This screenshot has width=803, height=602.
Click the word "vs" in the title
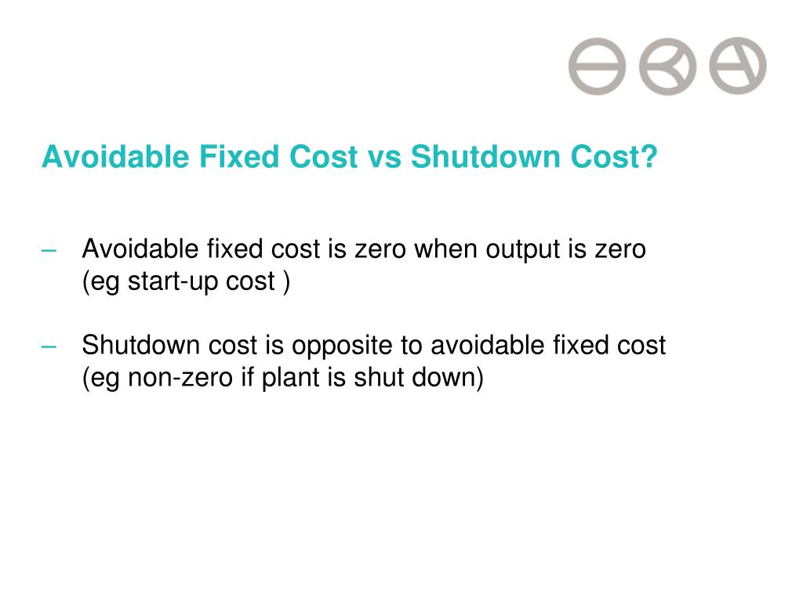coord(383,158)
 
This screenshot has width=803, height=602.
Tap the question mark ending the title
coord(649,158)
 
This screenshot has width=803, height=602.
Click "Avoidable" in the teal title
coord(115,158)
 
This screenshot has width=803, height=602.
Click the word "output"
coord(518,250)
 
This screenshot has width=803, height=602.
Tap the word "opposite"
coord(372,345)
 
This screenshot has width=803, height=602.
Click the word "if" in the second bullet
coord(249,377)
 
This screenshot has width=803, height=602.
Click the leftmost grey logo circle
coord(598,66)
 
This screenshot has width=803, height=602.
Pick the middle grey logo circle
coord(667,66)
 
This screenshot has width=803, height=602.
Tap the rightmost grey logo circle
coord(738,66)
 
